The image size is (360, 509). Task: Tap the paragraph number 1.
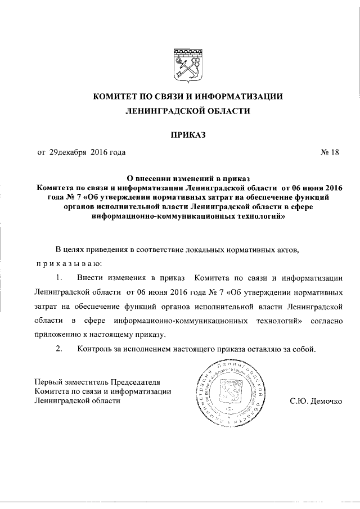point(58,278)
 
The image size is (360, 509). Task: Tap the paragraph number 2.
point(58,349)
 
